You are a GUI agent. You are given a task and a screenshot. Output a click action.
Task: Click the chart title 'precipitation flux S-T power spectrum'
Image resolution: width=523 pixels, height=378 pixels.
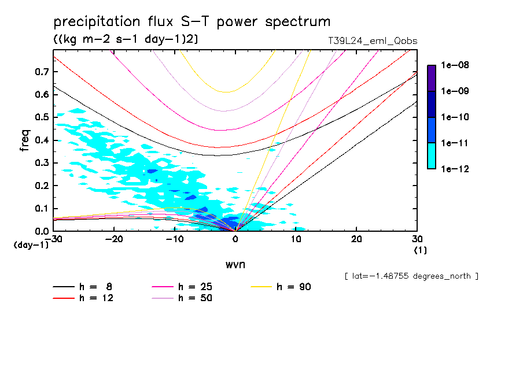point(192,22)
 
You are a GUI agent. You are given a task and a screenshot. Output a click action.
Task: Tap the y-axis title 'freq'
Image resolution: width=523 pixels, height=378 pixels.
point(24,140)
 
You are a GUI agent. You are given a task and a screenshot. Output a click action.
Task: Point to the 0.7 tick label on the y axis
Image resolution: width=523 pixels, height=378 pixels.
point(41,72)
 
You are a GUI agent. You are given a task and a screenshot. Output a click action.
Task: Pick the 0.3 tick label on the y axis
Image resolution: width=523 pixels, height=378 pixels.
point(41,163)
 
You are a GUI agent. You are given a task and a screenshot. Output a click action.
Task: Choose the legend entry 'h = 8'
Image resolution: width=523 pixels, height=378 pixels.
point(89,287)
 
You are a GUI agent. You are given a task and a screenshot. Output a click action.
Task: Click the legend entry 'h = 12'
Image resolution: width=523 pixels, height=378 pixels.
point(89,298)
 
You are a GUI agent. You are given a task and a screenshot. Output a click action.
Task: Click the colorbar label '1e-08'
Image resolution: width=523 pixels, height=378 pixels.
point(455,65)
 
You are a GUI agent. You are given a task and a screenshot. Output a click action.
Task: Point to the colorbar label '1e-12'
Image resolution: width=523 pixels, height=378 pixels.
point(455,169)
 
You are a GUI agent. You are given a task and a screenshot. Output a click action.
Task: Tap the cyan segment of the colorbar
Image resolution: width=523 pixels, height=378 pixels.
point(431,156)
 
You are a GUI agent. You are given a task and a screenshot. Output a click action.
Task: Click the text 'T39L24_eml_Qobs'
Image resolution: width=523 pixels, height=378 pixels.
point(372,41)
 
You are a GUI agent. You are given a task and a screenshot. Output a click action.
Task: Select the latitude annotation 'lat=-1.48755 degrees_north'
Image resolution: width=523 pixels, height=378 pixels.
point(411,276)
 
